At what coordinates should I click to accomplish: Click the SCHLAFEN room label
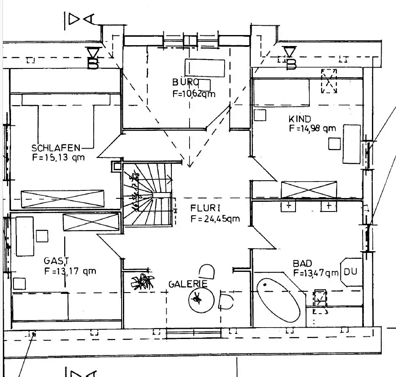(56, 148)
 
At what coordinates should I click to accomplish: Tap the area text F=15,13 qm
(58, 158)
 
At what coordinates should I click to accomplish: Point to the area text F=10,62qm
(194, 94)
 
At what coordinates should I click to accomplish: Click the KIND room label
(300, 119)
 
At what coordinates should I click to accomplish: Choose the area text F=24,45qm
(215, 219)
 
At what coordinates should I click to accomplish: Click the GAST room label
(57, 261)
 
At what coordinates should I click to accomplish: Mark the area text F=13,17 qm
(70, 271)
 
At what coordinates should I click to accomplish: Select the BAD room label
(302, 263)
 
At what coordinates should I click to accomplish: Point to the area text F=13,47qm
(316, 273)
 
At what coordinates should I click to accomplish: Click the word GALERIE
(188, 284)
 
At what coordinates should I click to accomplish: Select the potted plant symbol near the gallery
(143, 281)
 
